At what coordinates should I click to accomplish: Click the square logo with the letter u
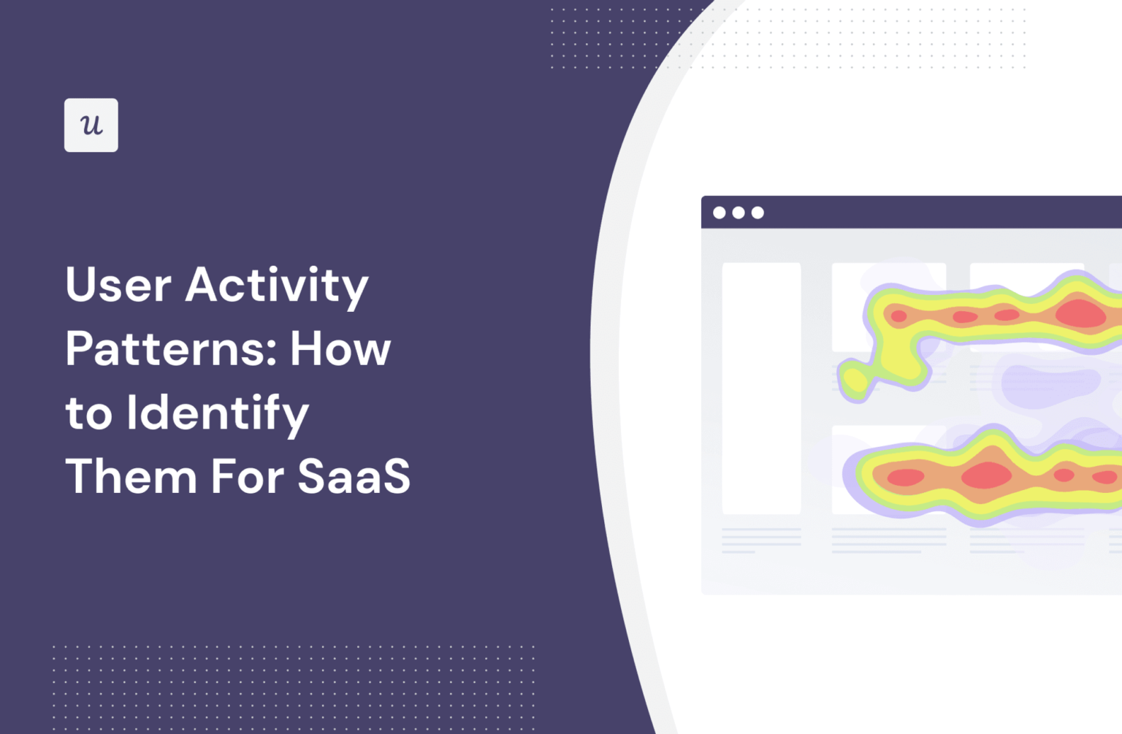pyautogui.click(x=91, y=125)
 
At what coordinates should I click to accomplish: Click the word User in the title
pyautogui.click(x=119, y=284)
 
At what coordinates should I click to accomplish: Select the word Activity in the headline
pyautogui.click(x=277, y=286)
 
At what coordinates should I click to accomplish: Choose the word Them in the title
pyautogui.click(x=131, y=476)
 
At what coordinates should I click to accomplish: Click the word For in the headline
pyautogui.click(x=248, y=476)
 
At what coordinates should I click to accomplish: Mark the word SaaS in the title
pyautogui.click(x=354, y=476)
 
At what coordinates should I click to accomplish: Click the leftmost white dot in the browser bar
pyautogui.click(x=720, y=213)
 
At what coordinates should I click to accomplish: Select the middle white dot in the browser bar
pyautogui.click(x=739, y=213)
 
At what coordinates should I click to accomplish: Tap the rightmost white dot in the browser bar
pyautogui.click(x=757, y=213)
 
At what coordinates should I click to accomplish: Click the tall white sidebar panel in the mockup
pyautogui.click(x=761, y=388)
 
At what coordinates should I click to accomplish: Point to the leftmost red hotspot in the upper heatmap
pyautogui.click(x=898, y=316)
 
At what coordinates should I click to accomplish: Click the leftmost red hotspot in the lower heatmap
pyautogui.click(x=906, y=477)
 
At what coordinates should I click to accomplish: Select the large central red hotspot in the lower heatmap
pyautogui.click(x=986, y=475)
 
